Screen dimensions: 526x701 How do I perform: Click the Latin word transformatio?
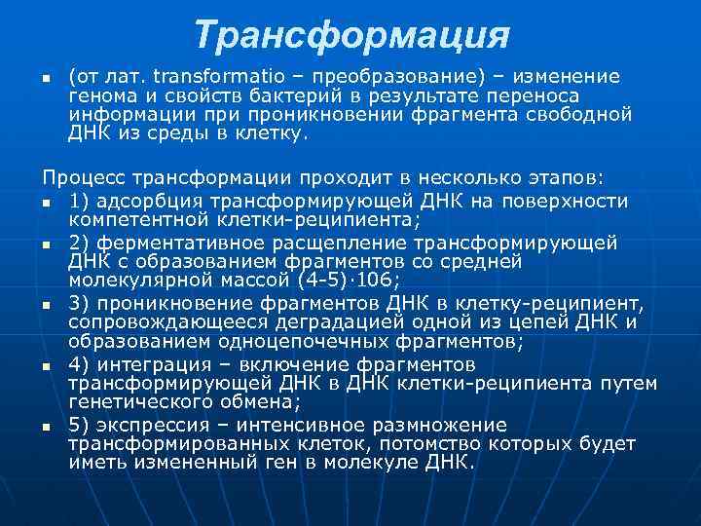[x=209, y=77]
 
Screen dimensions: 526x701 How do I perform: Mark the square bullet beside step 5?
[x=46, y=427]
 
